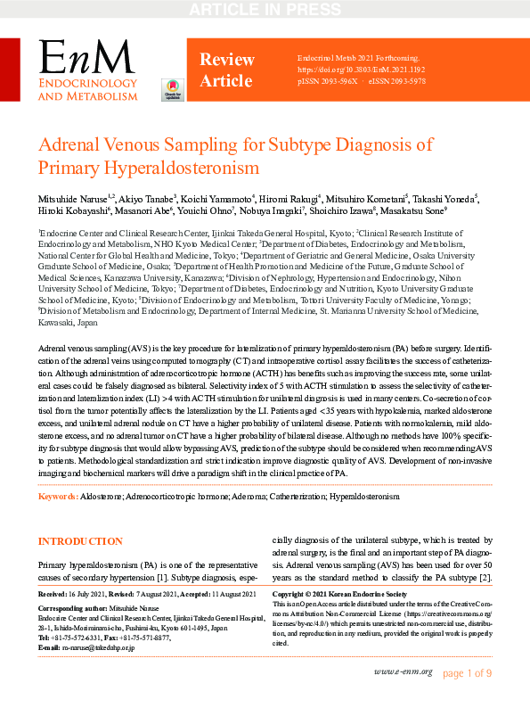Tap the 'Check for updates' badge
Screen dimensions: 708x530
(170, 90)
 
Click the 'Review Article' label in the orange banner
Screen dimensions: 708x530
(225, 70)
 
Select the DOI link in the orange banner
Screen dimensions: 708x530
(362, 69)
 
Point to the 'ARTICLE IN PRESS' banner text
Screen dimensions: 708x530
(265, 10)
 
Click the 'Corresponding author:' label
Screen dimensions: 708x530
(75, 607)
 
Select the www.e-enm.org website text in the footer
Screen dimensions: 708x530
(403, 671)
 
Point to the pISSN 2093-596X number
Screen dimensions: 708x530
(327, 80)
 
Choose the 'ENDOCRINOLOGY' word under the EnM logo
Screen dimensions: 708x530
(87, 84)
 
